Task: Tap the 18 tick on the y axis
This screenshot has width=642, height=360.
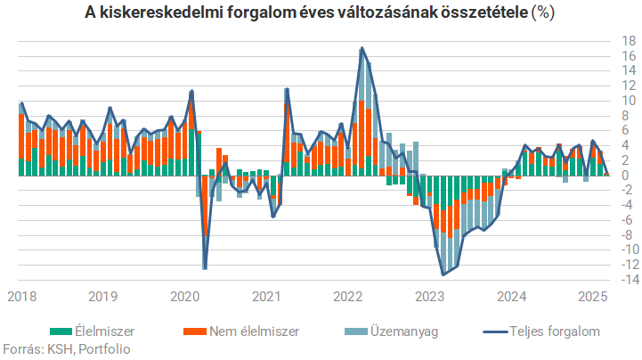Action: (x=629, y=41)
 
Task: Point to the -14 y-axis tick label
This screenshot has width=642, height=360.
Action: (x=627, y=280)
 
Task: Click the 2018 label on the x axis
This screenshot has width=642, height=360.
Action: (x=22, y=296)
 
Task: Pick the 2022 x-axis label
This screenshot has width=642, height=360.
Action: (x=346, y=296)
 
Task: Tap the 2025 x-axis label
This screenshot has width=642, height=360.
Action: (x=591, y=296)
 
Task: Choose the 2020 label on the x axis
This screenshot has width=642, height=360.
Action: (x=184, y=296)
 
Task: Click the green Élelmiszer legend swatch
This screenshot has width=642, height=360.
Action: (x=61, y=331)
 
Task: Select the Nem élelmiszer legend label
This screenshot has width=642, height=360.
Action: (x=254, y=331)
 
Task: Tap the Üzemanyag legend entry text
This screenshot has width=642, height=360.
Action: (x=407, y=331)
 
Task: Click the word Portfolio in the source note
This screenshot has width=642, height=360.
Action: (x=104, y=348)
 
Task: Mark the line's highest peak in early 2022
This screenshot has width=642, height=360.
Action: (x=361, y=48)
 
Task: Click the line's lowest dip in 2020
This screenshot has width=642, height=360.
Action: (x=205, y=268)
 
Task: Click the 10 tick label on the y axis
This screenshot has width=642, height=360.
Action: (x=629, y=100)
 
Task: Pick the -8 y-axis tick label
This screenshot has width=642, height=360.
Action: (x=627, y=234)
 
